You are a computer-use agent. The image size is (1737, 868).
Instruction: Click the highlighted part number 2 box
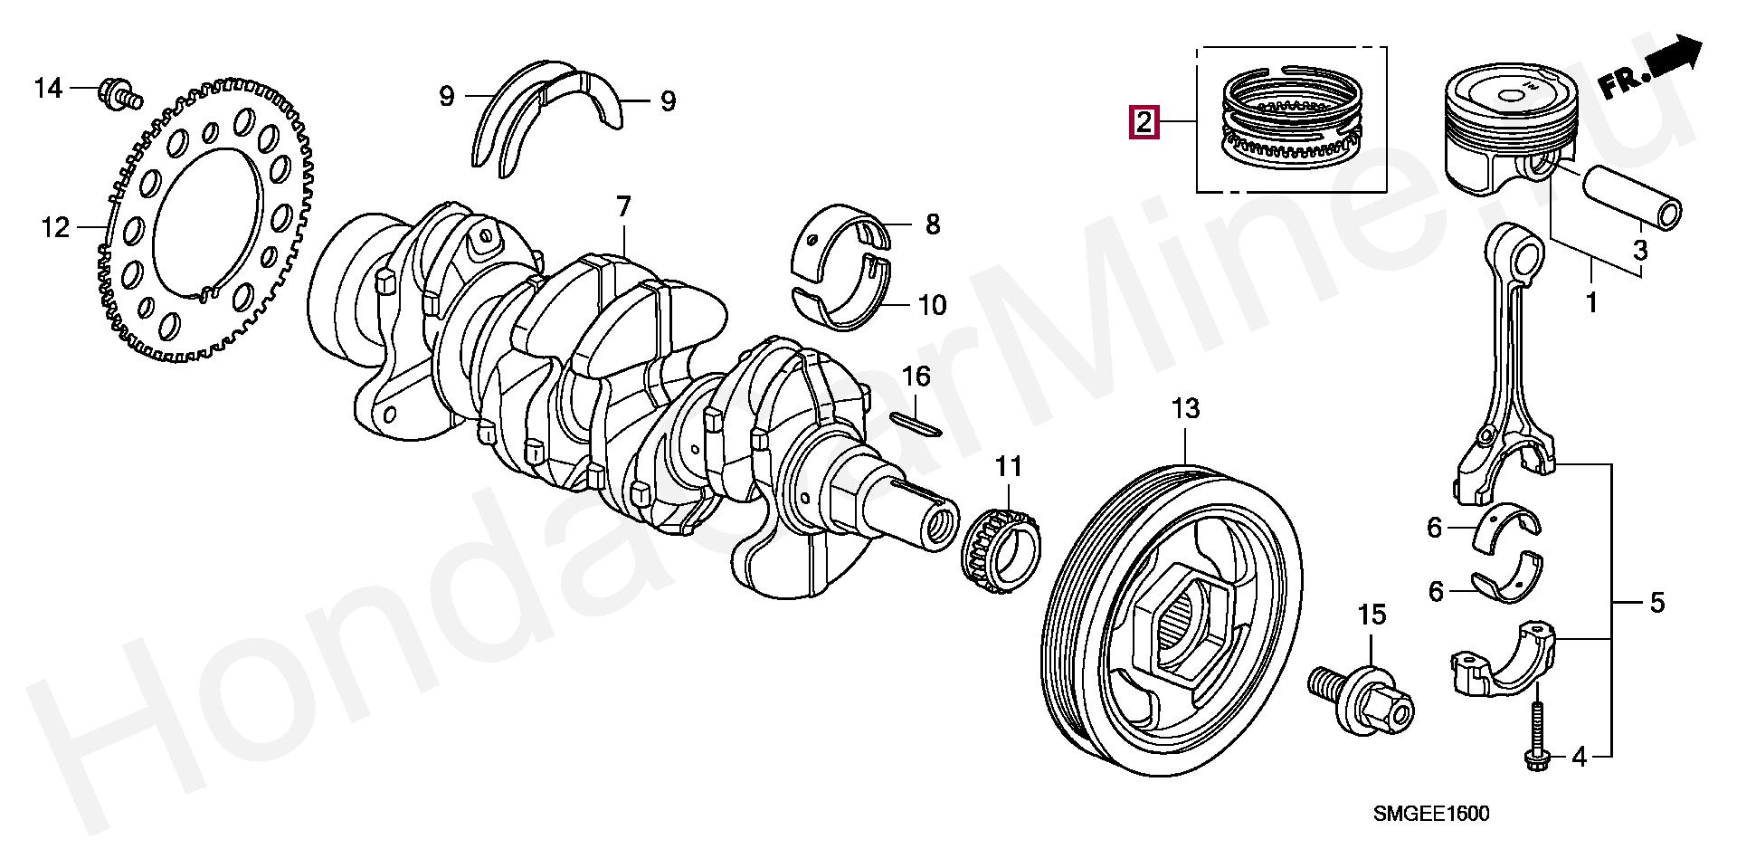tap(1144, 121)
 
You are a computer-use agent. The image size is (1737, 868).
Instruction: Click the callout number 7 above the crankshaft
tap(623, 208)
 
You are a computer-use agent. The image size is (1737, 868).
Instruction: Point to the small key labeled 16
tap(915, 422)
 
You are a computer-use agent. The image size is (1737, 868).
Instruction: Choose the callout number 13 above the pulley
tap(1185, 409)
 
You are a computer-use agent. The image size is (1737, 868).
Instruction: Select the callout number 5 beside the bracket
tap(1656, 603)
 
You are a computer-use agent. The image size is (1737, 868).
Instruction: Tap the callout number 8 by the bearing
tap(932, 224)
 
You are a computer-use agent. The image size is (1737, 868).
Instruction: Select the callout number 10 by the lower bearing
tap(932, 305)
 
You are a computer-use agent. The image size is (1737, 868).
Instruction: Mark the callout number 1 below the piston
tap(1590, 302)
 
